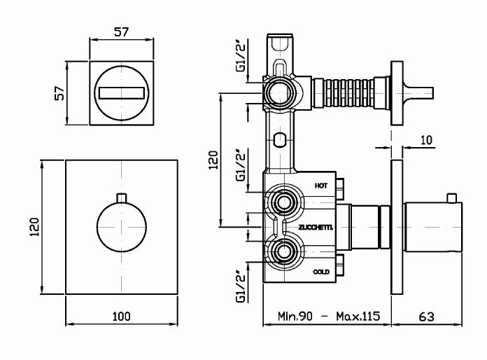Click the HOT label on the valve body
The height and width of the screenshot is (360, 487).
(321, 186)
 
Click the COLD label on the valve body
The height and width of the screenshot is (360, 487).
(321, 272)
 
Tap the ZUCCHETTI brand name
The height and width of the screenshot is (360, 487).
(316, 228)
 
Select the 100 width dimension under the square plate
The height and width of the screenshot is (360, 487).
(122, 316)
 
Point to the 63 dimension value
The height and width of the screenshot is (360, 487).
(426, 317)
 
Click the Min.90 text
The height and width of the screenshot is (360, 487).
(295, 316)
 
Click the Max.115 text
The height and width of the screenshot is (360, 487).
(358, 316)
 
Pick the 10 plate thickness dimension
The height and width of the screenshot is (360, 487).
(426, 140)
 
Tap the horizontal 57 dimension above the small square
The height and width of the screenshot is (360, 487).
(121, 32)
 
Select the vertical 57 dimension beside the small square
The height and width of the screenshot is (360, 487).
(59, 92)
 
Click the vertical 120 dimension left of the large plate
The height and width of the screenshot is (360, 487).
(34, 227)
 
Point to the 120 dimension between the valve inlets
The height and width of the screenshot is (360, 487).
(213, 160)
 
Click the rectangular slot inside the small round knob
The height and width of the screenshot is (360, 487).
(122, 93)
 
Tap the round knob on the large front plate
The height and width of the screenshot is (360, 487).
(122, 227)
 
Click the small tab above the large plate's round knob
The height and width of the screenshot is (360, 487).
(122, 198)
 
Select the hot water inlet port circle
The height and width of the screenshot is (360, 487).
(283, 202)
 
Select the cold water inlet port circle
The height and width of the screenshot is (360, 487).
(283, 251)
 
